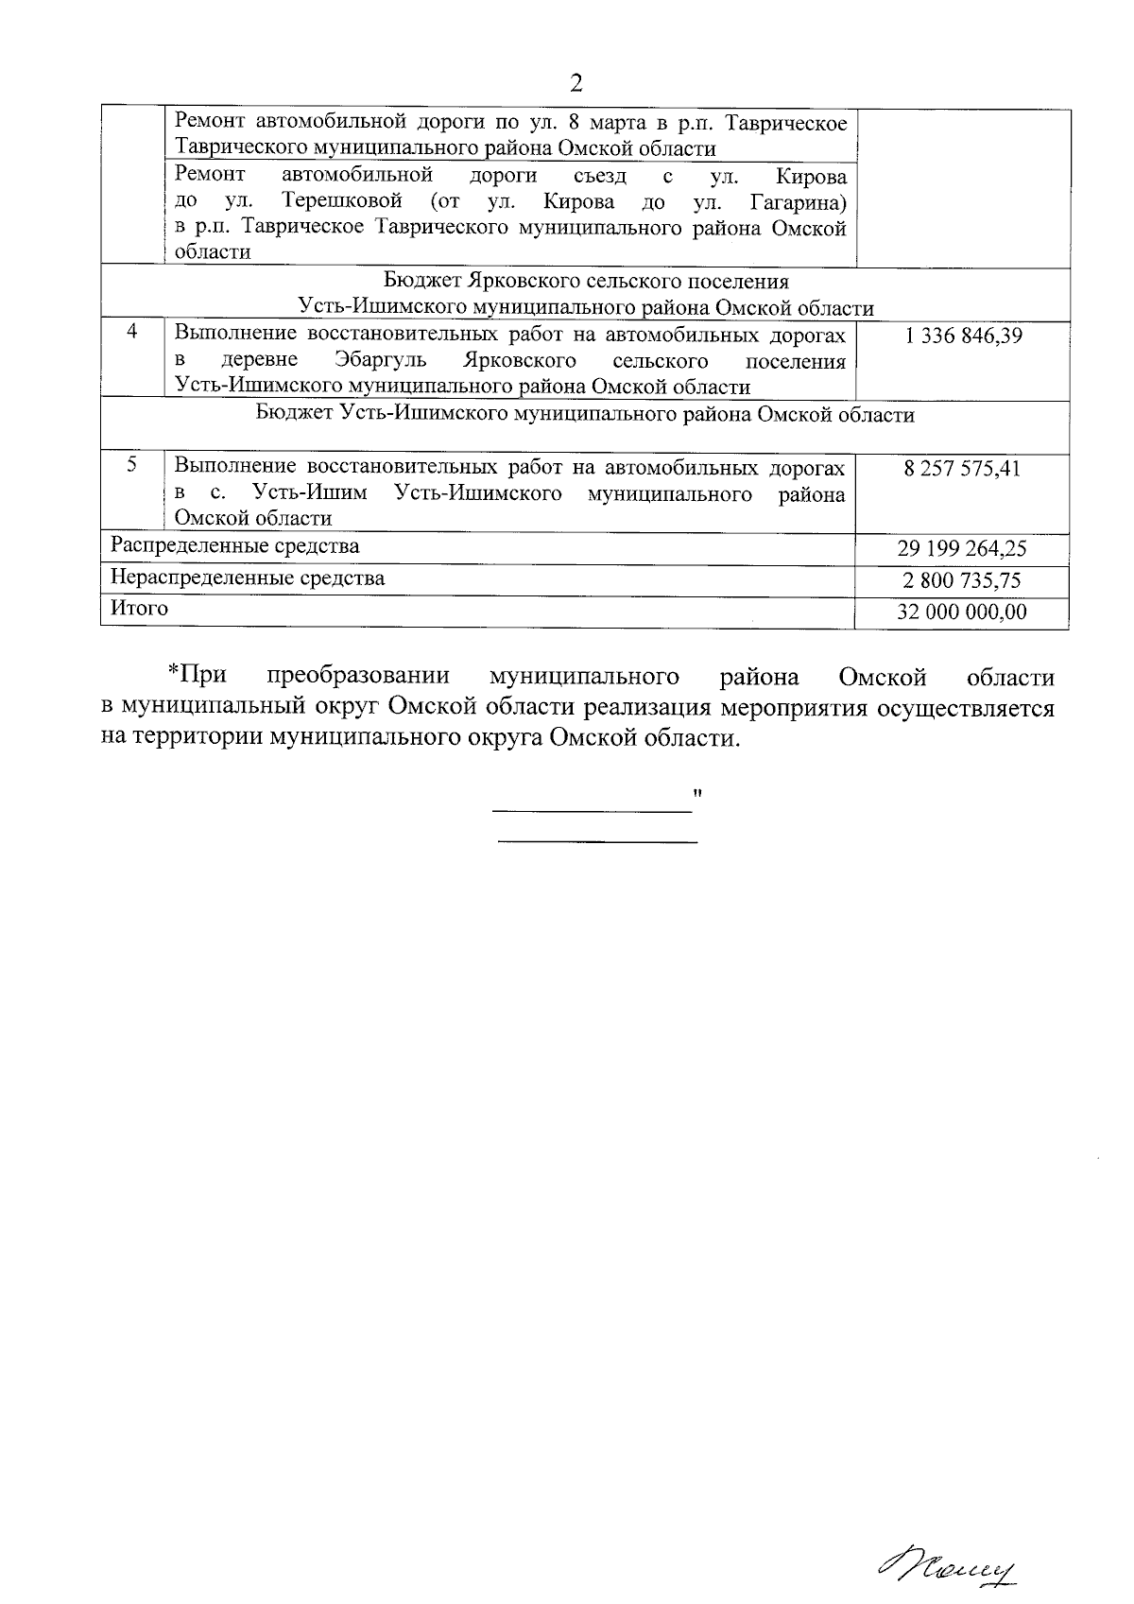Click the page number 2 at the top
click(576, 83)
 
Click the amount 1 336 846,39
click(962, 336)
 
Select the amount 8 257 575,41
click(962, 469)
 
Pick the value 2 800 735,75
click(962, 580)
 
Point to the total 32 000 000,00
click(962, 612)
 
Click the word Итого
click(139, 609)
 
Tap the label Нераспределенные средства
click(248, 578)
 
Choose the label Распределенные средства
click(234, 546)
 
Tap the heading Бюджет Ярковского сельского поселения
click(586, 282)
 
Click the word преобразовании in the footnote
click(358, 678)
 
